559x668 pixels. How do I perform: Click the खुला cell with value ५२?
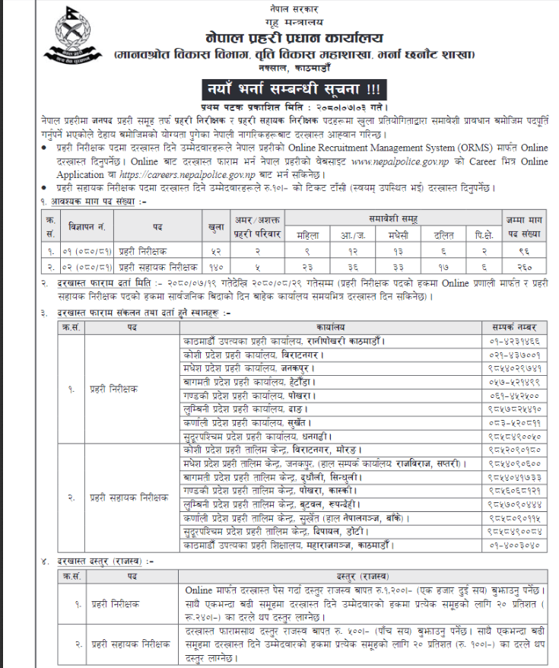pos(216,252)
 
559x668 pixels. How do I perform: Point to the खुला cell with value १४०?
pos(216,266)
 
